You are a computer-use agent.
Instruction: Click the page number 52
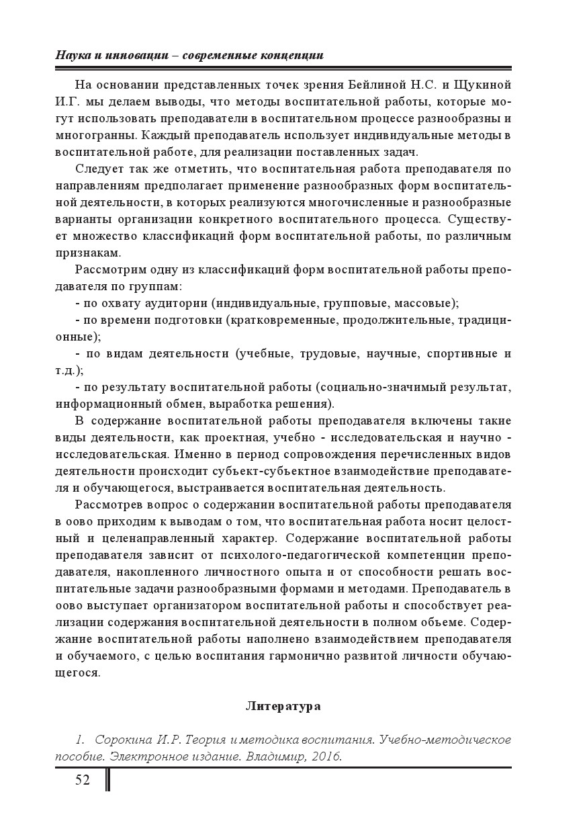pos(82,780)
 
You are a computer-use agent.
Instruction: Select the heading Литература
pos(283,706)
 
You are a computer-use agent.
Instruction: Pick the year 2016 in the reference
pos(326,756)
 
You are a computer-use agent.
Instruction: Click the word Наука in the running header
pos(72,55)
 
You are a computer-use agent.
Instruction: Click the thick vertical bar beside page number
pos(107,780)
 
